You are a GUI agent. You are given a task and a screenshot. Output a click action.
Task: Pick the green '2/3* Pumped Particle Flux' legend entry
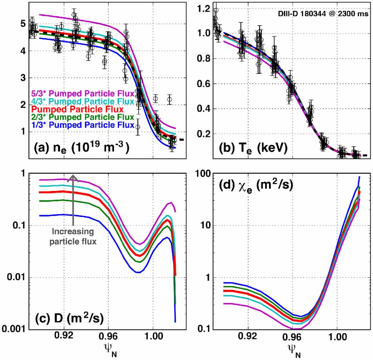83,117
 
